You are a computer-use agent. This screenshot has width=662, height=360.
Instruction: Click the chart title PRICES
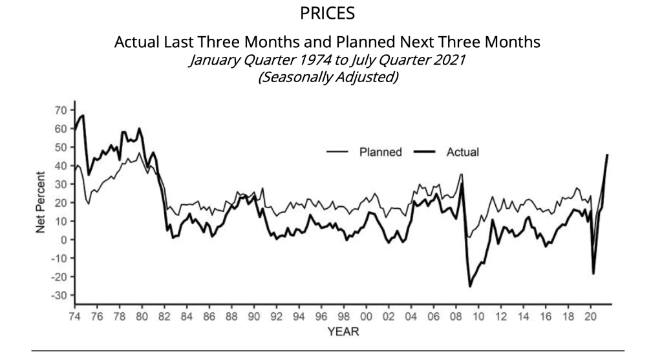[328, 14]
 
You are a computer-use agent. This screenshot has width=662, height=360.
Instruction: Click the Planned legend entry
[380, 153]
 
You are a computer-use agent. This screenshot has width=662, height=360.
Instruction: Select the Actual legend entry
[462, 153]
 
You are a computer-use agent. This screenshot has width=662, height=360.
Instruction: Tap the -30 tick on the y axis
[59, 295]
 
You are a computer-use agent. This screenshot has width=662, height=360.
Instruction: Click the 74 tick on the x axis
[74, 317]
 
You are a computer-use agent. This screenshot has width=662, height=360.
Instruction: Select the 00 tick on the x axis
[366, 317]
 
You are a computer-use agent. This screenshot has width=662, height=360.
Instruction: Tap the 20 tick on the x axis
[590, 317]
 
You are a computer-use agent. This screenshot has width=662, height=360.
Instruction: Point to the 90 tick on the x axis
[253, 317]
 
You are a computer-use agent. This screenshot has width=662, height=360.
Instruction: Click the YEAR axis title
[340, 332]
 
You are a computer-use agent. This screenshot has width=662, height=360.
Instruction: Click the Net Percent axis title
[41, 202]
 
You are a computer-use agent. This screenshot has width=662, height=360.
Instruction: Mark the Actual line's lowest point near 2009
[470, 286]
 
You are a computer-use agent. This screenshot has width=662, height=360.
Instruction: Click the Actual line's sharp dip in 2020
[593, 273]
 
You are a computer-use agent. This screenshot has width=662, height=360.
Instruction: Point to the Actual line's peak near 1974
[83, 115]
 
